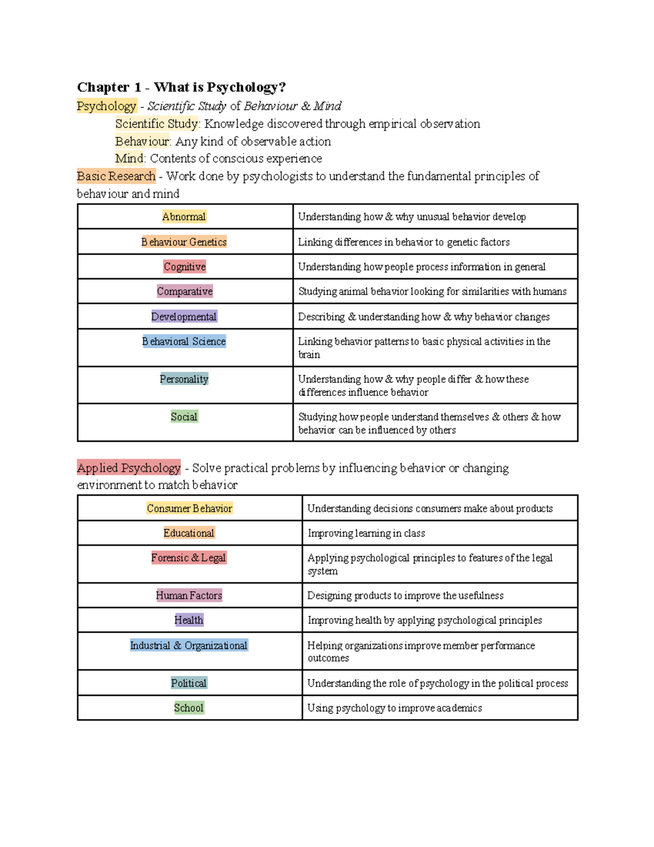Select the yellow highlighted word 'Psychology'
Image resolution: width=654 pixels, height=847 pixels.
pyautogui.click(x=106, y=106)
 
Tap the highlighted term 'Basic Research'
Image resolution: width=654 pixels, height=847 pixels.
pyautogui.click(x=116, y=176)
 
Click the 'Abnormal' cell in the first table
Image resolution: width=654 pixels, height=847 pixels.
pyautogui.click(x=184, y=217)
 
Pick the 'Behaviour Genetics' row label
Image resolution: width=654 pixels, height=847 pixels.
pyautogui.click(x=184, y=242)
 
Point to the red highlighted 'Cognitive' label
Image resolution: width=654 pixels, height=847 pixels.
pyautogui.click(x=185, y=267)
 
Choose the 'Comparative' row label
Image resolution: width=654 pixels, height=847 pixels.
pyautogui.click(x=185, y=291)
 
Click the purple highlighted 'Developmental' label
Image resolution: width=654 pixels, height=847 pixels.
pyautogui.click(x=184, y=317)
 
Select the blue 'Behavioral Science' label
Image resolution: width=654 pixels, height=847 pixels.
pyautogui.click(x=184, y=341)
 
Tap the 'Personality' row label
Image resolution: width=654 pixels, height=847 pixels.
pyautogui.click(x=184, y=379)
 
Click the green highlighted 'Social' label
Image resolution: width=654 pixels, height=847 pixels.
pyautogui.click(x=184, y=417)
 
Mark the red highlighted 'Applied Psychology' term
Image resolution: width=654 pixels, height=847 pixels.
pyautogui.click(x=129, y=468)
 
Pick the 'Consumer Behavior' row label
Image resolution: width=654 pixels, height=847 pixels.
pyautogui.click(x=190, y=508)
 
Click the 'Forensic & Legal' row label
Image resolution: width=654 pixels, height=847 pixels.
pyautogui.click(x=189, y=557)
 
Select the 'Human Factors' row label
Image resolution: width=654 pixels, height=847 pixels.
pyautogui.click(x=189, y=596)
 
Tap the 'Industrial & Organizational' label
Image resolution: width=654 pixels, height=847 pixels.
pyautogui.click(x=189, y=646)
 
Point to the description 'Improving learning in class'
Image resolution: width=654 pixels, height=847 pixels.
pyautogui.click(x=366, y=533)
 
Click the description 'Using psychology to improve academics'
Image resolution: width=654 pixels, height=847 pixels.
pyautogui.click(x=395, y=708)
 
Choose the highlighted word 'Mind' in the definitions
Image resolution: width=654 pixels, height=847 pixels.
pyautogui.click(x=130, y=159)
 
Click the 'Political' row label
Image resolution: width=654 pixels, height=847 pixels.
pyautogui.click(x=189, y=683)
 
